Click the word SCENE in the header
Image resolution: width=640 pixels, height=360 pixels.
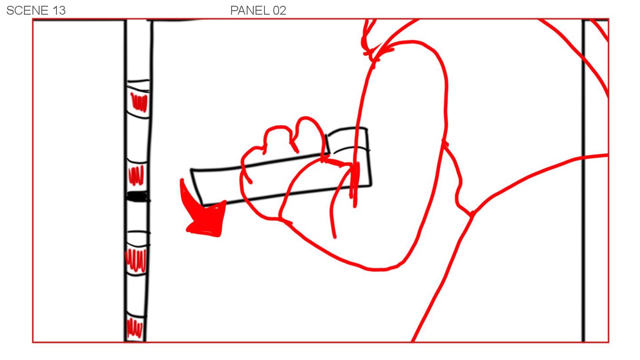click(28, 11)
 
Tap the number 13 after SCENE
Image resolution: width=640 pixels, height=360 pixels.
click(59, 11)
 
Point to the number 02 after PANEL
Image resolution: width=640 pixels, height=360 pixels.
click(280, 11)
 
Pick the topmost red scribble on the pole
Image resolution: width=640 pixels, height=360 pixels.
click(139, 102)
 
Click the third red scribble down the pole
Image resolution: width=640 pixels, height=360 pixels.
click(136, 260)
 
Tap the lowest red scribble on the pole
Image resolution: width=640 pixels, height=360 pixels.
click(134, 328)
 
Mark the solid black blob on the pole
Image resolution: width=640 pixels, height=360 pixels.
click(137, 196)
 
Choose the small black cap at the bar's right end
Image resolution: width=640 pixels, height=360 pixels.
click(348, 140)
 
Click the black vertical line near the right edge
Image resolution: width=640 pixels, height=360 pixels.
click(583, 180)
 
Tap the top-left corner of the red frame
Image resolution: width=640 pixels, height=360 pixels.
click(33, 20)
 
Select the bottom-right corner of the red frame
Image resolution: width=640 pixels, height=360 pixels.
click(608, 342)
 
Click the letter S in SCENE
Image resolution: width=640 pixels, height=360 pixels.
click(10, 11)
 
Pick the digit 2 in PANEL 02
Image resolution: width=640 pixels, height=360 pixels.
click(283, 11)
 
